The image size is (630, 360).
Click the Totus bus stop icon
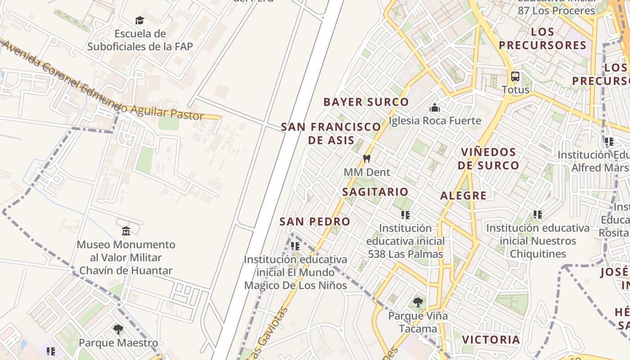click(x=515, y=76)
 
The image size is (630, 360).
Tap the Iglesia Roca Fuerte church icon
click(x=434, y=108)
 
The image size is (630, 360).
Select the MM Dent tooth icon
click(x=367, y=158)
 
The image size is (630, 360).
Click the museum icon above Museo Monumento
click(x=126, y=231)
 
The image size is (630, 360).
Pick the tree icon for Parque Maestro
click(x=118, y=329)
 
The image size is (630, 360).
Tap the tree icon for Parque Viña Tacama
click(x=418, y=302)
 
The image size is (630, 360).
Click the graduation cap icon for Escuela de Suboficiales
click(x=139, y=20)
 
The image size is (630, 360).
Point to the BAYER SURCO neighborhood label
click(x=366, y=102)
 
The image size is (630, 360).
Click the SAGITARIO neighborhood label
click(x=375, y=192)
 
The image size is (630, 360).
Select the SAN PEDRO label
click(x=315, y=221)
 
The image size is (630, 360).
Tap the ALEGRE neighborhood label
click(x=463, y=195)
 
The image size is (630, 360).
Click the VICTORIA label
click(x=491, y=339)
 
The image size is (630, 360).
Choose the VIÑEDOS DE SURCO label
click(x=488, y=158)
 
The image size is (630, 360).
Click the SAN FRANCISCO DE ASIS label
click(x=331, y=133)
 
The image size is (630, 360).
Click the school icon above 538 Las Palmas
click(x=405, y=215)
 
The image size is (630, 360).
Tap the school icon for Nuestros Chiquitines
click(x=537, y=215)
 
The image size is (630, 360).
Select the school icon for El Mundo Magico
click(x=295, y=246)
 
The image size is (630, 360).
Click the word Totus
click(x=515, y=90)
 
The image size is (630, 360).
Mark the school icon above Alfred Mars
click(x=609, y=142)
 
